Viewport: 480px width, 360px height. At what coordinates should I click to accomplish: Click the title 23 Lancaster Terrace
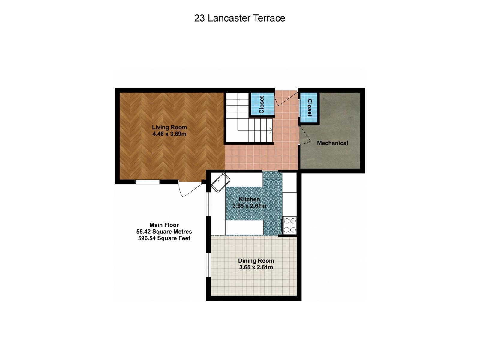pyautogui.click(x=239, y=18)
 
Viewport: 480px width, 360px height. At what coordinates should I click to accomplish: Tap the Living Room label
pyautogui.click(x=169, y=127)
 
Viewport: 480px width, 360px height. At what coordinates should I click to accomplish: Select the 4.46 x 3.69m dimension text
pyautogui.click(x=169, y=134)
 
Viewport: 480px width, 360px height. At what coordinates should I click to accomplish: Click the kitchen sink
pyautogui.click(x=221, y=182)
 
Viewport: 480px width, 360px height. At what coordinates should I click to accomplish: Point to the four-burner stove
pyautogui.click(x=290, y=226)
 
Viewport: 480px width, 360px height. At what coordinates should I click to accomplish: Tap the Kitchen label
pyautogui.click(x=249, y=199)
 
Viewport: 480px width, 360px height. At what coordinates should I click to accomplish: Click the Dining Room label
pyautogui.click(x=256, y=261)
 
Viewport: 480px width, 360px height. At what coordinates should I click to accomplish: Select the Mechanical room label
pyautogui.click(x=332, y=143)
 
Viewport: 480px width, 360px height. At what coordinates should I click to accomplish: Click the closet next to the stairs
pyautogui.click(x=262, y=104)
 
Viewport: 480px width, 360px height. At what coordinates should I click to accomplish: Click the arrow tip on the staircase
pyautogui.click(x=271, y=130)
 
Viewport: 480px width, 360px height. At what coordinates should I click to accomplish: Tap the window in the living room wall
pyautogui.click(x=147, y=181)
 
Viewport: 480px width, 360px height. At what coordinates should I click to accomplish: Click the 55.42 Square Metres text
pyautogui.click(x=164, y=232)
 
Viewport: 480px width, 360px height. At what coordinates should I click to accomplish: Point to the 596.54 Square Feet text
pyautogui.click(x=164, y=238)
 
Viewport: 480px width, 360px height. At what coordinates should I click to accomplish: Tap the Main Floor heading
pyautogui.click(x=164, y=225)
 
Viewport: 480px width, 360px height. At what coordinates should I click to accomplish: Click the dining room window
pyautogui.click(x=208, y=265)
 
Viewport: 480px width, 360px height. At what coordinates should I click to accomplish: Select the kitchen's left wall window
pyautogui.click(x=208, y=204)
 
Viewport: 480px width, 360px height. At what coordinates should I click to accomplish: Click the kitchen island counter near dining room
pyautogui.click(x=244, y=227)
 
